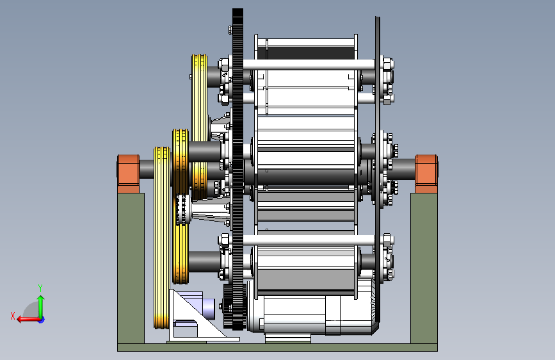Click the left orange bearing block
point(128,174)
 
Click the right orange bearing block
point(426,174)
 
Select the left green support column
point(131,268)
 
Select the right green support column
point(424,268)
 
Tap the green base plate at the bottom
point(278,347)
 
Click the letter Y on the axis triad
point(40,288)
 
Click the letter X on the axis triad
point(13,316)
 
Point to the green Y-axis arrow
point(41,307)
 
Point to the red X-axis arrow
point(29,320)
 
